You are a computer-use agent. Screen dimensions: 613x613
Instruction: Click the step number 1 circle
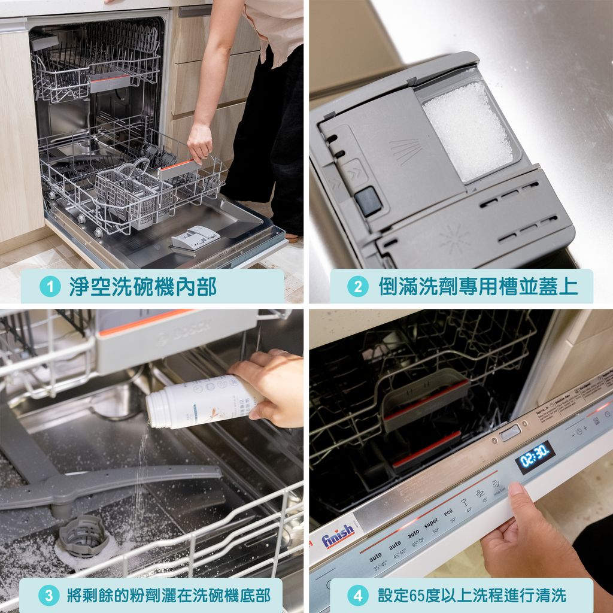pos(50,287)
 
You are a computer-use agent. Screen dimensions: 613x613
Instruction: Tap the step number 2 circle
pos(357,287)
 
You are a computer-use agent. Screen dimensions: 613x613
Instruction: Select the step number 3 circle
pos(48,595)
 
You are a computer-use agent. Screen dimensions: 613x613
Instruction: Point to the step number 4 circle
pos(357,595)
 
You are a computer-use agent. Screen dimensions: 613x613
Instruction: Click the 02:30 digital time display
pos(535,457)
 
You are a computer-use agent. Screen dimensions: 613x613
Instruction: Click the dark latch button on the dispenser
pos(368,201)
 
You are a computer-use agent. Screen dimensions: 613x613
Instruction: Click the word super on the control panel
pos(430,523)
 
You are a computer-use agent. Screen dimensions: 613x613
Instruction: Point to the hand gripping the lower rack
pos(199,142)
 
